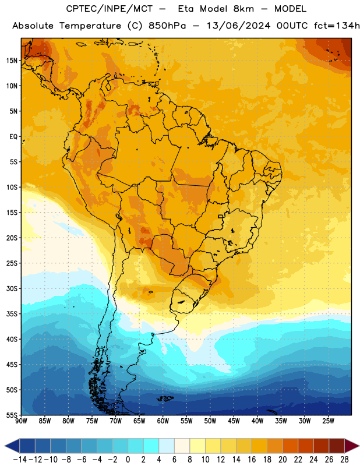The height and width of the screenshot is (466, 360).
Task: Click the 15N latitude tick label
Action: coord(12,61)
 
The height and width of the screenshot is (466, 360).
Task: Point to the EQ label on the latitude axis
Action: coord(13,137)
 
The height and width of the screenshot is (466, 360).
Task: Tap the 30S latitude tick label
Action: coord(12,288)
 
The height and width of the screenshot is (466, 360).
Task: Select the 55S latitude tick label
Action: coord(12,415)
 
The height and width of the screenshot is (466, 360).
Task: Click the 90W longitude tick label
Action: coord(22,421)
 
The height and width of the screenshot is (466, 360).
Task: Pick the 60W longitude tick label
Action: coord(163,421)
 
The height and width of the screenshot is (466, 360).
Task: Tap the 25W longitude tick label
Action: coord(328,421)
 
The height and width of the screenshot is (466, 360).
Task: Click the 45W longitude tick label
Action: coord(234,421)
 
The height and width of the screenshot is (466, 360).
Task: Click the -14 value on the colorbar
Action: coord(20,460)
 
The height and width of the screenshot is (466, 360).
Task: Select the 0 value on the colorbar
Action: coord(128,460)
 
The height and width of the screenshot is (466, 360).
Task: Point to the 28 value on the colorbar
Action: coord(344,460)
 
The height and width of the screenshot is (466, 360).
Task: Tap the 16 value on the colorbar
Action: coord(252,460)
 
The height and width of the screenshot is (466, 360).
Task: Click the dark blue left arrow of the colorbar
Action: coord(12,446)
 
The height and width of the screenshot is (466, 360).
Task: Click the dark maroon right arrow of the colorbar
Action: coord(352,446)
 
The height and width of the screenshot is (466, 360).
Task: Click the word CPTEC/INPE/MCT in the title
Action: coord(110,9)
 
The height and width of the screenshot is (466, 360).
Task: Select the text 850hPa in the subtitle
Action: coord(167,26)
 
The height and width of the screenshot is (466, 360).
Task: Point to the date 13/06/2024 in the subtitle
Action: coord(238,26)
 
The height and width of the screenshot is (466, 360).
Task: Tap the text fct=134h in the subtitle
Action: coord(337,26)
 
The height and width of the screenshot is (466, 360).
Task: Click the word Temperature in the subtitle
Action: coord(90,26)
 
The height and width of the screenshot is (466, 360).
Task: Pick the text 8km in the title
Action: coord(243,9)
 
